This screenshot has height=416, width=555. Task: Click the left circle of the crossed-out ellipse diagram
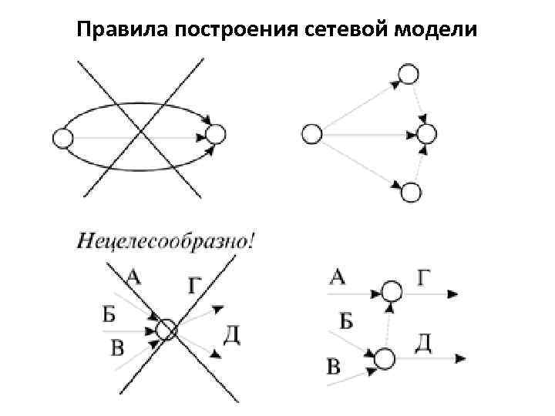pyautogui.click(x=62, y=139)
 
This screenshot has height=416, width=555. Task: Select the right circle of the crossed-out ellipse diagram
pyautogui.click(x=217, y=136)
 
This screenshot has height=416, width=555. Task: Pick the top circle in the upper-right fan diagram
pyautogui.click(x=409, y=74)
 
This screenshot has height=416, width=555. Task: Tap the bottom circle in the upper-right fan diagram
pyautogui.click(x=412, y=192)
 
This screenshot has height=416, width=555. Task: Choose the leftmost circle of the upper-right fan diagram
pyautogui.click(x=311, y=134)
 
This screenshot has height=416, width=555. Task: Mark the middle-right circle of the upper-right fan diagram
pyautogui.click(x=426, y=133)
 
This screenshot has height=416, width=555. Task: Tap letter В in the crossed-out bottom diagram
pyautogui.click(x=118, y=348)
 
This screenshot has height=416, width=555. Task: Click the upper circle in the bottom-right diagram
pyautogui.click(x=392, y=292)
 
